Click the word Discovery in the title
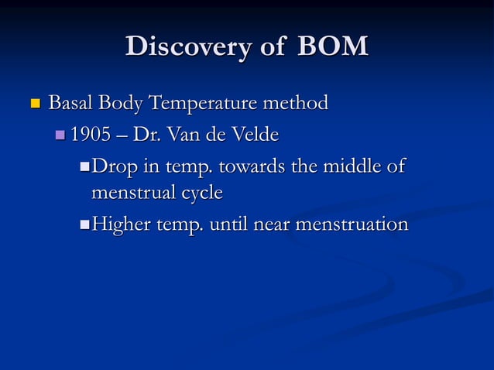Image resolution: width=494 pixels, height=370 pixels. [x=184, y=47]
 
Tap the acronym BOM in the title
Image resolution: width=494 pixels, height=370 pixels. [x=331, y=47]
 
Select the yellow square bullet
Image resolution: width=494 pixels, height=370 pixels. [x=33, y=103]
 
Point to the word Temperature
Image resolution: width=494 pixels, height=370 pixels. [x=204, y=103]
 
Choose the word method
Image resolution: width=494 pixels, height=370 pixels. [x=297, y=103]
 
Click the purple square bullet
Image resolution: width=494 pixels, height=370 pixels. [x=61, y=136]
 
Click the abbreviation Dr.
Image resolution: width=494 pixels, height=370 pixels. [x=142, y=135]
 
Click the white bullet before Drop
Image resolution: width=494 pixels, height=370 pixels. [x=84, y=168]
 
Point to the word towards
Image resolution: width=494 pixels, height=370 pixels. [x=251, y=167]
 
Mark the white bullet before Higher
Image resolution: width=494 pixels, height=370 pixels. [x=84, y=225]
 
